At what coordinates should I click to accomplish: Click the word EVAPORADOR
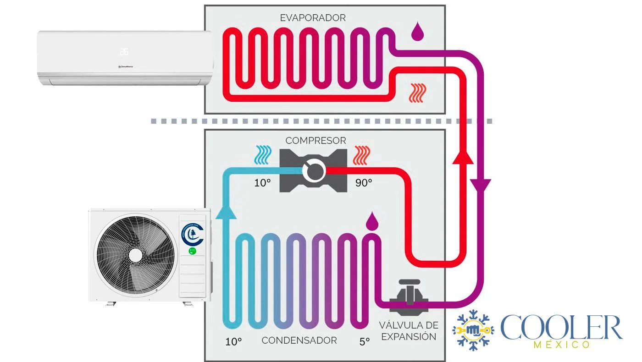[x=313, y=18]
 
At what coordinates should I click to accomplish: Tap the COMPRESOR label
[x=315, y=141]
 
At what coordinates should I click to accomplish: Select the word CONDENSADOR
[x=299, y=340]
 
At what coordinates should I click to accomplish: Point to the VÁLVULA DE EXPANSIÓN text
[x=408, y=331]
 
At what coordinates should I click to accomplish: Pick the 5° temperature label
[x=365, y=341]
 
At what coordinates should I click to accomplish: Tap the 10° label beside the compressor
[x=263, y=183]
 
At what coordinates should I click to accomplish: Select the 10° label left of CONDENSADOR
[x=233, y=341]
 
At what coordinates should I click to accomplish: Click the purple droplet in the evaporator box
[x=418, y=32]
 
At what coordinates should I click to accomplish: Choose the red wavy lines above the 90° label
[x=363, y=155]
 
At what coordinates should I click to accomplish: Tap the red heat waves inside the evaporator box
[x=417, y=93]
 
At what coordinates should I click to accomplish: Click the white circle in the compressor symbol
[x=314, y=172]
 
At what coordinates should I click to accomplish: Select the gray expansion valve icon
[x=409, y=298]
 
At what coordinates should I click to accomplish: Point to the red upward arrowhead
[x=462, y=157]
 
